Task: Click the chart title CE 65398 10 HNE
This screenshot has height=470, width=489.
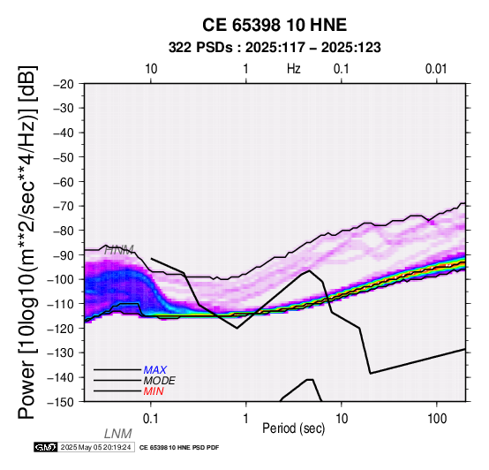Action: click(275, 25)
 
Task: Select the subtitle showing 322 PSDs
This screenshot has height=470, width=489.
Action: click(275, 48)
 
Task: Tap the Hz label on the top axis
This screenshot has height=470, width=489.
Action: click(293, 69)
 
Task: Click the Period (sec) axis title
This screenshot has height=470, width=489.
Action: click(293, 428)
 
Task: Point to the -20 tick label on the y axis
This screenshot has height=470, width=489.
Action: click(64, 84)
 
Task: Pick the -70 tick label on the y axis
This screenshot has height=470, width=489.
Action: click(64, 206)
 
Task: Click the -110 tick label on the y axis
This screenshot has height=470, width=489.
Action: click(60, 304)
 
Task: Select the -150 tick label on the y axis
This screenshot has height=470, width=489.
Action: click(60, 402)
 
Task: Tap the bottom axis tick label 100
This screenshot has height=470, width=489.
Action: click(437, 419)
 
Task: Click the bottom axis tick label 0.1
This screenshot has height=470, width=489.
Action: click(151, 419)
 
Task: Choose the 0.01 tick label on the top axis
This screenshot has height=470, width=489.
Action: click(436, 69)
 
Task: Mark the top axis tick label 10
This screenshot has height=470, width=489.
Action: click(151, 69)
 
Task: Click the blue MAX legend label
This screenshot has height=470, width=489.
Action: click(155, 370)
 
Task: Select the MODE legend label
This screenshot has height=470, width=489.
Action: click(160, 381)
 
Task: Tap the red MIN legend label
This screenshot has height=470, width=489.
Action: click(154, 391)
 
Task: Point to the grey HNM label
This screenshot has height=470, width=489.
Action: click(119, 250)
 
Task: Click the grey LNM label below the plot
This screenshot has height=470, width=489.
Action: click(118, 434)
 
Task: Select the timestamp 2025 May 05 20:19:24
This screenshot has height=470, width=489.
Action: click(95, 447)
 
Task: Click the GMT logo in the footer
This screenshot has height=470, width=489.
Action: click(46, 447)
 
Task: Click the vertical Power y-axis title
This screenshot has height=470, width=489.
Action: click(27, 242)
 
